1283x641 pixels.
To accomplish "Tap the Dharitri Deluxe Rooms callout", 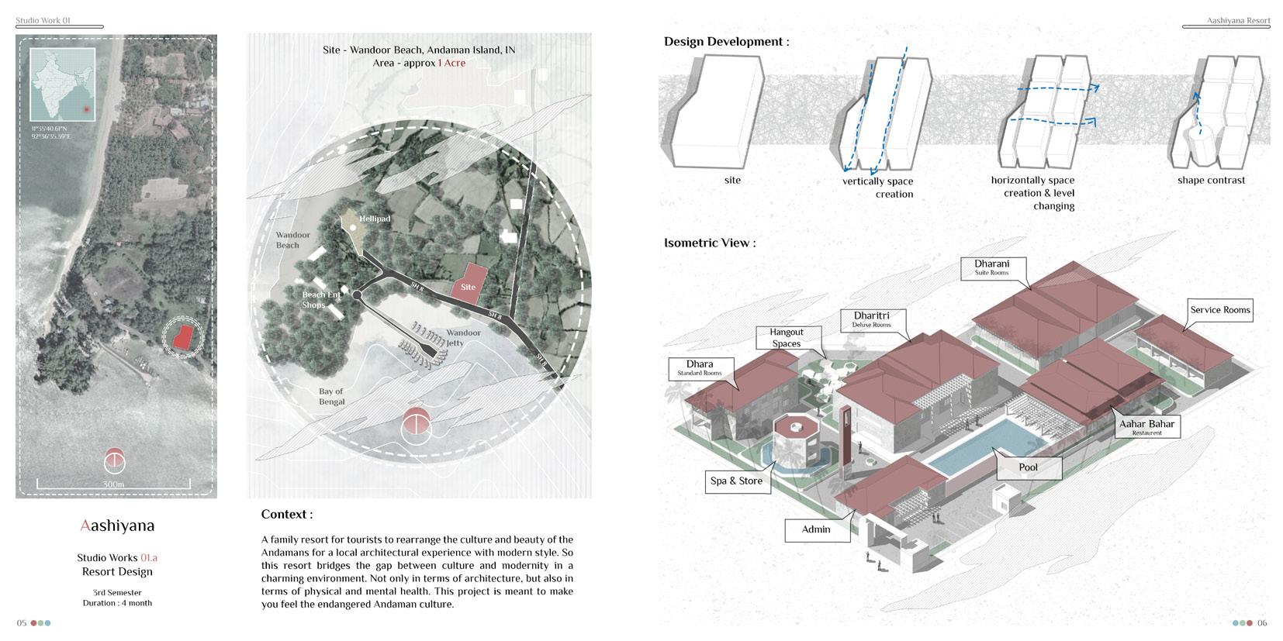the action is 871,319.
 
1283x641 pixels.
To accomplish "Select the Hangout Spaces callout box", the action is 786,337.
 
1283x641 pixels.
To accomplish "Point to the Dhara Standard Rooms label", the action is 699,367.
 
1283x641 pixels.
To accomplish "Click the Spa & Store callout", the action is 736,481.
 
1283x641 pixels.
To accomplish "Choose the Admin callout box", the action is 815,529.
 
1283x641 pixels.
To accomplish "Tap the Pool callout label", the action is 1028,467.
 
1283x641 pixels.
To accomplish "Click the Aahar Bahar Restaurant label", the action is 1146,427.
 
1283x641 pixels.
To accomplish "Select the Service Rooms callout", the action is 1219,310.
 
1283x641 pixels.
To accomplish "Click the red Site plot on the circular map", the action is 469,280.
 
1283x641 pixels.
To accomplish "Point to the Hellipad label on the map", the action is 374,219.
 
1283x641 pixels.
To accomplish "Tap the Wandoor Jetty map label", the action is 463,338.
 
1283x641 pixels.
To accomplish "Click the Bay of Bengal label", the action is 331,396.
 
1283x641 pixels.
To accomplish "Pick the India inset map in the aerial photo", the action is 62,85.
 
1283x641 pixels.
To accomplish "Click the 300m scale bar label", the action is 113,484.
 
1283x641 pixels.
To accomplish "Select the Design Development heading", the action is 726,42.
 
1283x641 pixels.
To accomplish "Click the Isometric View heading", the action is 709,243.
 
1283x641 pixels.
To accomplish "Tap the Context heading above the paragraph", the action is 286,514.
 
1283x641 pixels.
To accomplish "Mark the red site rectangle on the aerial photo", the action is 183,336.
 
